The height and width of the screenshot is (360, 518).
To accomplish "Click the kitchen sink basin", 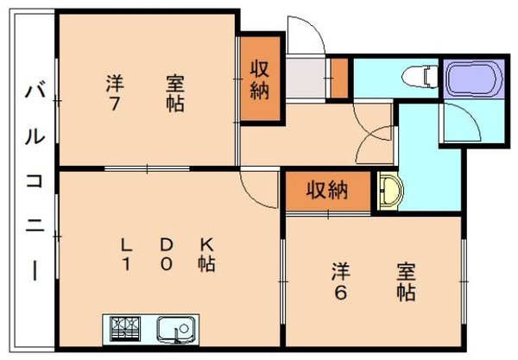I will point(174,328).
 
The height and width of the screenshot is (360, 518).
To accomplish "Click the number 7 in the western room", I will point(113,104).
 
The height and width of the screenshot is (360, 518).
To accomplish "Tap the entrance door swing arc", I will point(302,35).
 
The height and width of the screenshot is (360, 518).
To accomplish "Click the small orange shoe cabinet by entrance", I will point(339,78).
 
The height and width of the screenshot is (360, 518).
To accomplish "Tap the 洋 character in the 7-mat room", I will point(113,83).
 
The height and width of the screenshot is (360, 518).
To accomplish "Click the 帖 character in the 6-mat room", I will point(405,292).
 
